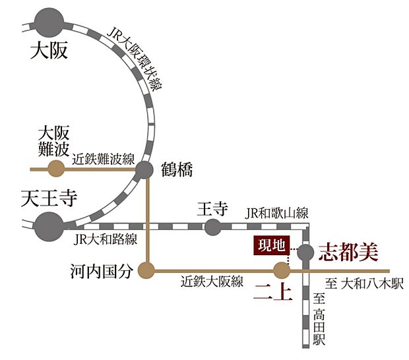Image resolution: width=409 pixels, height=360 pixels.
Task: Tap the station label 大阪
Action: pos(49,51)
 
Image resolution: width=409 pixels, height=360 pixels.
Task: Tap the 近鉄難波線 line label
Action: pos(104,159)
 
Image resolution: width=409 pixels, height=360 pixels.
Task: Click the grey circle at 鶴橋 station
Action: pos(145,171)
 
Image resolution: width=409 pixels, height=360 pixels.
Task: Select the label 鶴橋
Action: pos(176,169)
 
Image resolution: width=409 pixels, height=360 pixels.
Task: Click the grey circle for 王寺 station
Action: pos(212,227)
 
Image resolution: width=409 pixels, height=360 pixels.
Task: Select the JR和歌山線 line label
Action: pos(276,213)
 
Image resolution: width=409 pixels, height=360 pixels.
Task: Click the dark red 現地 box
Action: pos(272,246)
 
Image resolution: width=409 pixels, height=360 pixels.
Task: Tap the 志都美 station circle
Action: pos(305,252)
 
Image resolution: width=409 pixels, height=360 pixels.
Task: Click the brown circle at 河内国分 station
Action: pos(146,269)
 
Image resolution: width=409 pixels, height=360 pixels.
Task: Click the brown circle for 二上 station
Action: pos(282,270)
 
